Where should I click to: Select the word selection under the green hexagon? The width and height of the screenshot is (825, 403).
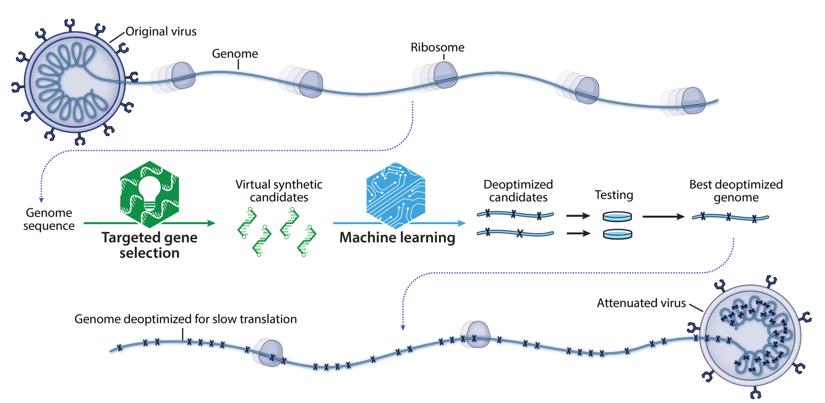coord(149,253)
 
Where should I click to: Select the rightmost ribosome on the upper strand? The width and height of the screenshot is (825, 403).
coord(683,102)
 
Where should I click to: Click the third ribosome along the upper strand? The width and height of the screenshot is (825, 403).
coord(435,76)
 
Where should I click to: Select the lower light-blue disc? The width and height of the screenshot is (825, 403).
coord(617,234)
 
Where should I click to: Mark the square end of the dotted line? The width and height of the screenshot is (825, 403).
coord(41,200)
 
